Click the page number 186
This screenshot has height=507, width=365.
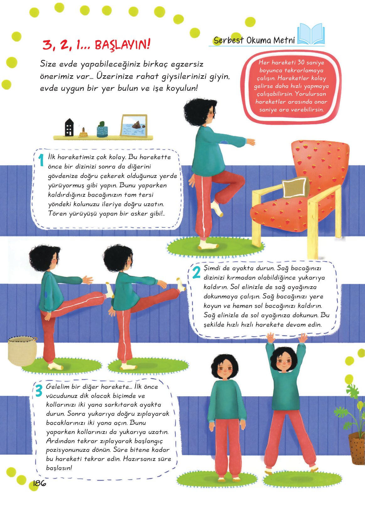pyautogui.click(x=40, y=483)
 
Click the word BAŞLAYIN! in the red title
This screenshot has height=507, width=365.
pyautogui.click(x=122, y=44)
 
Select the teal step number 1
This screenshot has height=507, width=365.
pyautogui.click(x=41, y=160)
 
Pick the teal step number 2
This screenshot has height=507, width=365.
pyautogui.click(x=196, y=272)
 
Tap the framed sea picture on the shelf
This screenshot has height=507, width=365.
pyautogui.click(x=134, y=125)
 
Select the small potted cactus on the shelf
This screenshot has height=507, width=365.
pyautogui.click(x=102, y=130)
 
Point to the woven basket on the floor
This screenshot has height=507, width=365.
pyautogui.click(x=22, y=351)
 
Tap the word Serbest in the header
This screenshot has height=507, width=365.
pyautogui.click(x=229, y=40)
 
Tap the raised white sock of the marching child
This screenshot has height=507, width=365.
pyautogui.click(x=217, y=208)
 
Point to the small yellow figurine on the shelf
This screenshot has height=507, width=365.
pyautogui.click(x=83, y=132)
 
